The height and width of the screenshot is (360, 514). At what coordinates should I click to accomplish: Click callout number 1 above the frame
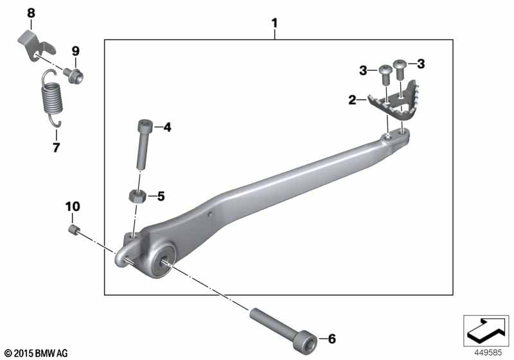click(x=275, y=23)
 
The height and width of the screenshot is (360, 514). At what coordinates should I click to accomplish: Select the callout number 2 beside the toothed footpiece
click(x=352, y=100)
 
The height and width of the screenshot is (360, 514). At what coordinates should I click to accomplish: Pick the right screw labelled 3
click(x=400, y=69)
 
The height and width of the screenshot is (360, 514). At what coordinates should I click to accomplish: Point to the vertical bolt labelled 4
click(x=143, y=145)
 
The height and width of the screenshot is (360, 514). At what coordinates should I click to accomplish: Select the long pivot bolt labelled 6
click(x=283, y=329)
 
